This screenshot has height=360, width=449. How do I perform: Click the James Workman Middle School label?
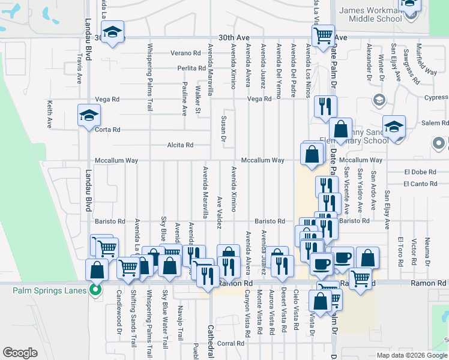click(x=370, y=14)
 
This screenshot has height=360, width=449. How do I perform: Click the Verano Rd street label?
click(x=184, y=53)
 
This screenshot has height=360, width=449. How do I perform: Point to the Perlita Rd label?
click(x=191, y=68)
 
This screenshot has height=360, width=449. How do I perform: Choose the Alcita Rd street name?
click(x=180, y=145)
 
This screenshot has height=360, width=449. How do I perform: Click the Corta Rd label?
click(x=108, y=130)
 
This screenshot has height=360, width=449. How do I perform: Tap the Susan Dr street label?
click(x=223, y=128)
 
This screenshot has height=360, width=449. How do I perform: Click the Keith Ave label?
click(x=50, y=114)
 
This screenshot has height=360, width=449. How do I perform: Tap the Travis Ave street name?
click(x=79, y=71)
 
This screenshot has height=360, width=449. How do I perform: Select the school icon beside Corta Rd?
click(x=88, y=115)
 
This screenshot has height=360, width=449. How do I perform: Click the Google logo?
click(x=20, y=353)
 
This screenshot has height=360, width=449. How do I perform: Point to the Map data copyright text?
click(x=412, y=355)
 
